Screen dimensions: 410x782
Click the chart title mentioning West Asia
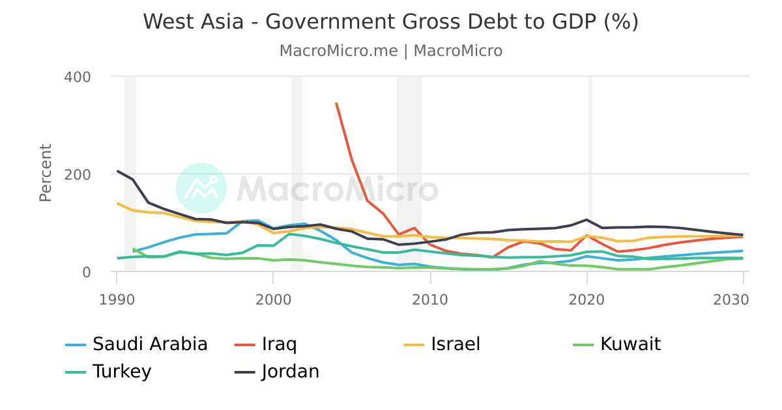pyautogui.click(x=390, y=21)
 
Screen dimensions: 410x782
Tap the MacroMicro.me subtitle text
pyautogui.click(x=390, y=51)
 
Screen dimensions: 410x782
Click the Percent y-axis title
pyautogui.click(x=45, y=173)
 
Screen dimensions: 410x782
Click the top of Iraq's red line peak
pyautogui.click(x=336, y=103)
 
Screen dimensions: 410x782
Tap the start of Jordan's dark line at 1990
pyautogui.click(x=117, y=171)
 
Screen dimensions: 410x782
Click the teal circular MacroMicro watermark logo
pyautogui.click(x=201, y=188)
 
